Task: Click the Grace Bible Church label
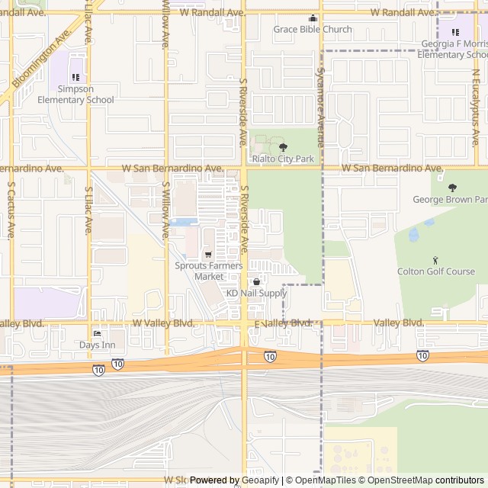[x=313, y=30]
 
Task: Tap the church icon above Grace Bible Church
[x=312, y=18]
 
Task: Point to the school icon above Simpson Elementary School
[x=75, y=77]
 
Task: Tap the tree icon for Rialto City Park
[x=283, y=147]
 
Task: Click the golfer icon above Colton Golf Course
[x=435, y=260]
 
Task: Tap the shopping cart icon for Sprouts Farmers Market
[x=208, y=255]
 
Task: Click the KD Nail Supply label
[x=256, y=293]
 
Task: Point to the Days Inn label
[x=97, y=345]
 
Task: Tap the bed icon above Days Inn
[x=97, y=333]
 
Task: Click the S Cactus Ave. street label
[x=11, y=210]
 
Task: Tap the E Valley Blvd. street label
[x=284, y=324]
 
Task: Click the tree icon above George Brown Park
[x=452, y=188]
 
